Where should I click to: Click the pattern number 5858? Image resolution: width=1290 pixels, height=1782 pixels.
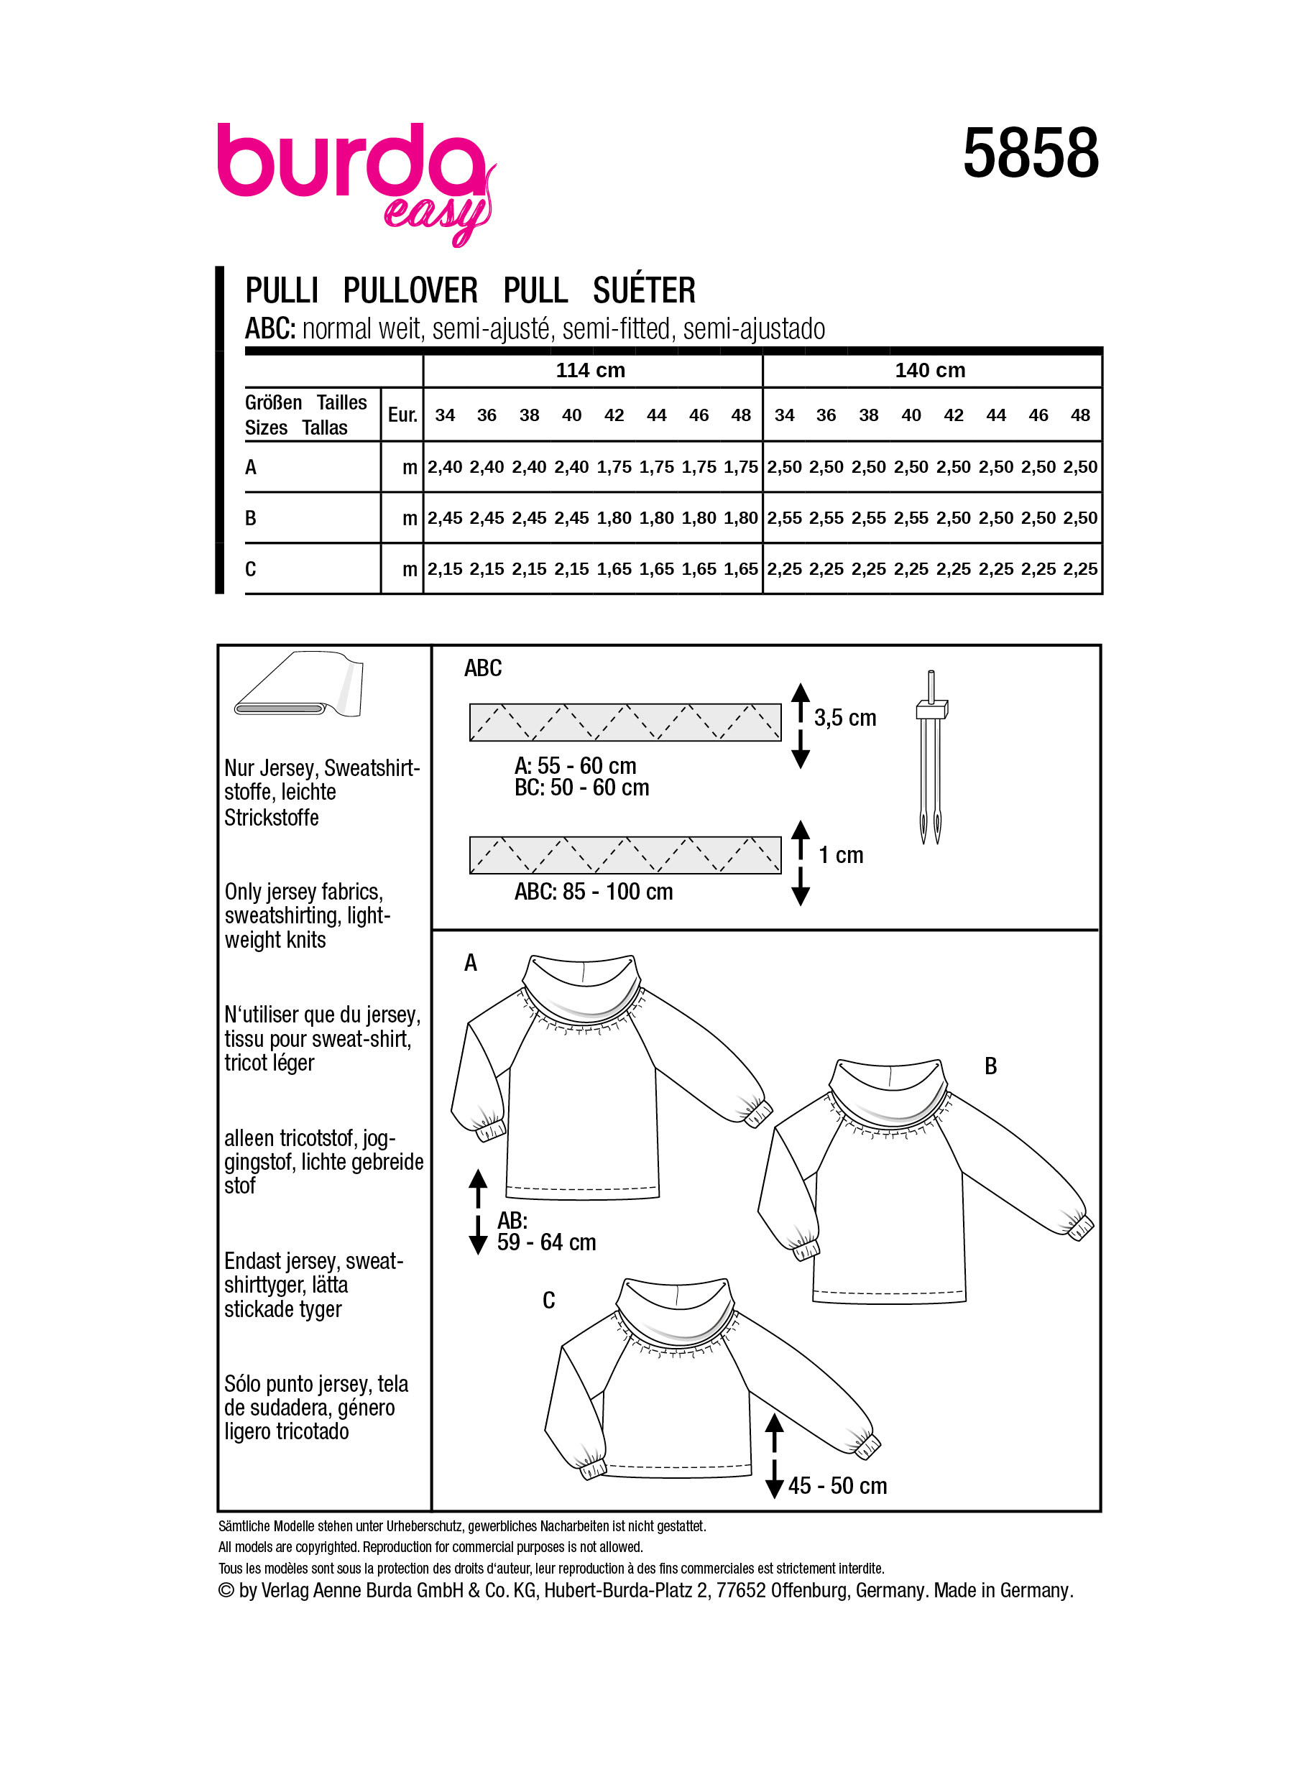1030,153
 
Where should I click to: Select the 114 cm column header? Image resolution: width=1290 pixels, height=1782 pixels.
590,370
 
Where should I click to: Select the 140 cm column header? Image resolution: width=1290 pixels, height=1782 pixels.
929,370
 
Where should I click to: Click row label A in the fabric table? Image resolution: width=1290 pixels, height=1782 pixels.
251,468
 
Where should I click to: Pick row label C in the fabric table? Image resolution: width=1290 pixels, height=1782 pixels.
251,569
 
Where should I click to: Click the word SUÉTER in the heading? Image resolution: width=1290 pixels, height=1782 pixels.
643,291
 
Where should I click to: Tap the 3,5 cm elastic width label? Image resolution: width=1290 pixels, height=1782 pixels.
844,718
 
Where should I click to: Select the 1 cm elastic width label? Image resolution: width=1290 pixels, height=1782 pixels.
841,855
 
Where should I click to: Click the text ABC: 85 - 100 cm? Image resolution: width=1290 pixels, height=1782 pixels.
593,892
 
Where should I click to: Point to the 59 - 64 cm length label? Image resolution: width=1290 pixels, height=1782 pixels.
546,1242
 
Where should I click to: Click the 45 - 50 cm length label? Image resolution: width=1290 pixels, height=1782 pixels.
837,1486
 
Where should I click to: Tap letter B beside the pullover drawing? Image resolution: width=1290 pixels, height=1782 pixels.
990,1066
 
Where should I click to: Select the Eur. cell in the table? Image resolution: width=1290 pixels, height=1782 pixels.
402,415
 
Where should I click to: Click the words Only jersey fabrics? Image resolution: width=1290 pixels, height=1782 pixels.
303,892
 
